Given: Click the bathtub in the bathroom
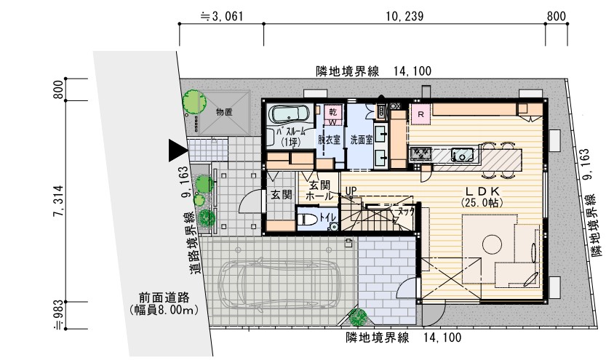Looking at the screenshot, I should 290,113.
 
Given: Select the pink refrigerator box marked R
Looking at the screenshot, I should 420,114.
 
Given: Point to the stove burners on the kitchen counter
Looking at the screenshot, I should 422,153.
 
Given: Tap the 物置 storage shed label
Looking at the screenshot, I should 223,112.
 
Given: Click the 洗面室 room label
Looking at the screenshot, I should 362,138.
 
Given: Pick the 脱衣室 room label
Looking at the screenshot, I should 331,138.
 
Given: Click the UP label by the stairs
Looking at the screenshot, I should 351,191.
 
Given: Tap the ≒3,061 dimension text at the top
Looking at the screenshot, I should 221,15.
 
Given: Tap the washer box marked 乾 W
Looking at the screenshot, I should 332,116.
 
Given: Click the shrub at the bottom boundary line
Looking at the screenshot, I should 358,318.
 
